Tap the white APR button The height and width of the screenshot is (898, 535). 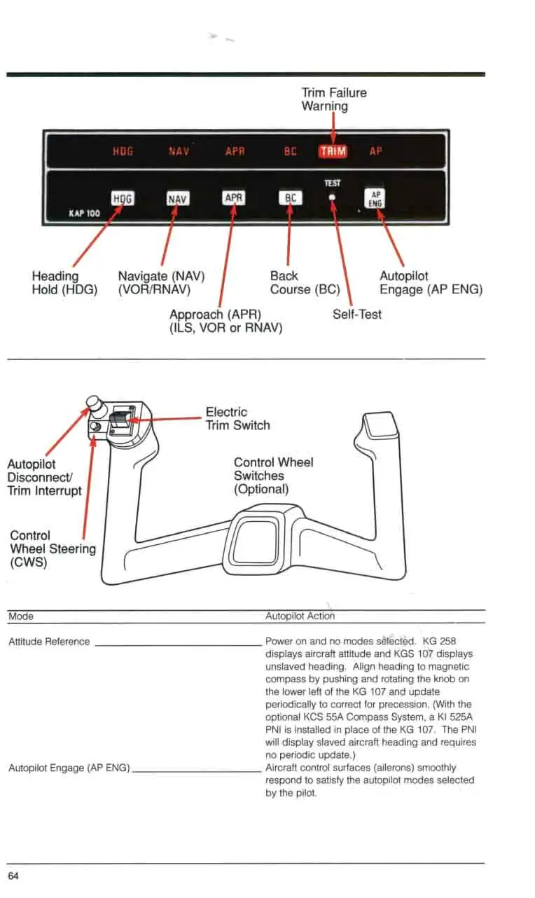click(233, 198)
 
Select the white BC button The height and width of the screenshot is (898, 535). click(290, 198)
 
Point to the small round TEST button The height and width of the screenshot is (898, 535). click(333, 197)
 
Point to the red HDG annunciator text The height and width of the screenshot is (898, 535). click(123, 151)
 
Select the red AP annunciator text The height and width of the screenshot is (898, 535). click(375, 151)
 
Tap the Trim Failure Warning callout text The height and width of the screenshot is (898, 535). click(333, 99)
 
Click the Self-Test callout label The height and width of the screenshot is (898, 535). click(357, 315)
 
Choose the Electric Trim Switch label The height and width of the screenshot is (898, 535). click(237, 418)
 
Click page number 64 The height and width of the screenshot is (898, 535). click(14, 876)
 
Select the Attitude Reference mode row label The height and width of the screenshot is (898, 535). click(49, 642)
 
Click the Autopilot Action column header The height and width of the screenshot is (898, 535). click(300, 616)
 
